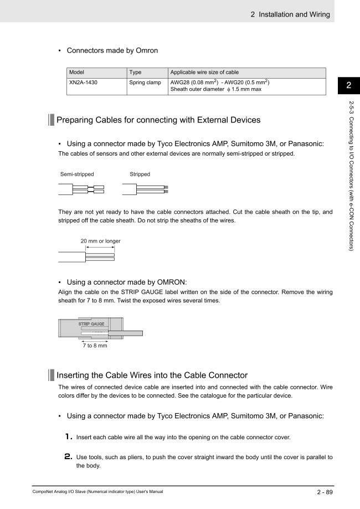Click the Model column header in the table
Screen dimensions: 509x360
[x=78, y=73]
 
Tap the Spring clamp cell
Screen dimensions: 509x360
[x=145, y=83]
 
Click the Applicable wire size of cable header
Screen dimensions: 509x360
[x=204, y=73]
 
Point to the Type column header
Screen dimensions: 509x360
[x=136, y=73]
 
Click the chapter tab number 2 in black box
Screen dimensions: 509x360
[x=348, y=85]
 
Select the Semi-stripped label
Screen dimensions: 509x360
[x=77, y=174]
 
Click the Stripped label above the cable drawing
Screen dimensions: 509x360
[x=140, y=174]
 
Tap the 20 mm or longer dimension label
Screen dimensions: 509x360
[x=100, y=241]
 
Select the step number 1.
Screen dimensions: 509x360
[x=69, y=436]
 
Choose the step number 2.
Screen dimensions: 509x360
[x=69, y=456]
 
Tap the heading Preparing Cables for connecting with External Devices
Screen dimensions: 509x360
[x=158, y=120]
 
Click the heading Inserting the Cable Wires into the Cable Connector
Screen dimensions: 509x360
[x=152, y=375]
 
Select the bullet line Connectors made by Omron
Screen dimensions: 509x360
[x=112, y=50]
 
